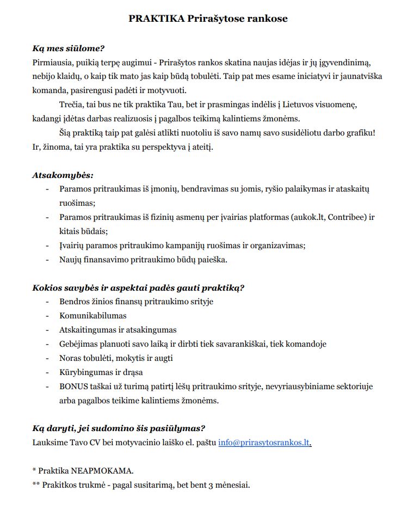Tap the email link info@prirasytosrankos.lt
[264, 443]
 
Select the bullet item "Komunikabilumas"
[93, 316]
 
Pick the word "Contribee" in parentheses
[345, 217]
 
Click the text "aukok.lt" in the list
[310, 217]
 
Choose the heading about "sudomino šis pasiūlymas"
[119, 428]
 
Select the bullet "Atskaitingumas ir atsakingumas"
[118, 330]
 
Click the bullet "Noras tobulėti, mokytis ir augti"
[116, 358]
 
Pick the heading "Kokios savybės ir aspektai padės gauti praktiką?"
[138, 287]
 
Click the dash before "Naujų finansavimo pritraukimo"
[48, 260]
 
